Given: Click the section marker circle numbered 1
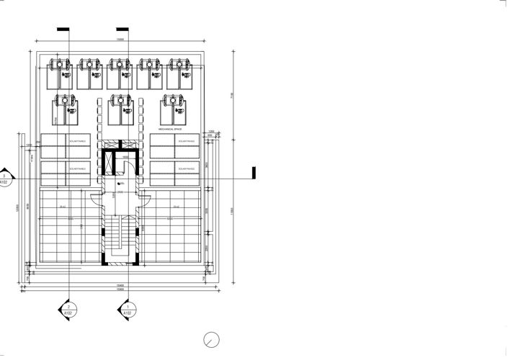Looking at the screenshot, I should pos(127,312).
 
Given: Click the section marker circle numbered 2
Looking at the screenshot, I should pos(68,312).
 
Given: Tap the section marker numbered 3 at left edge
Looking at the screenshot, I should pos(6,178).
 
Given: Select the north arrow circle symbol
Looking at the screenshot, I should pos(211,338).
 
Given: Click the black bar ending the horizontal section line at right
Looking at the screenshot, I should pos(254,173).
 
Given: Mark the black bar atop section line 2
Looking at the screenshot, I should pos(63,30).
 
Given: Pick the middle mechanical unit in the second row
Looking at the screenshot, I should pos(120,109).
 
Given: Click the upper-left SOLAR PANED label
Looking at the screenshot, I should pos(78,142).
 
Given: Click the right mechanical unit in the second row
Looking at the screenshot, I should pos(173,109).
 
